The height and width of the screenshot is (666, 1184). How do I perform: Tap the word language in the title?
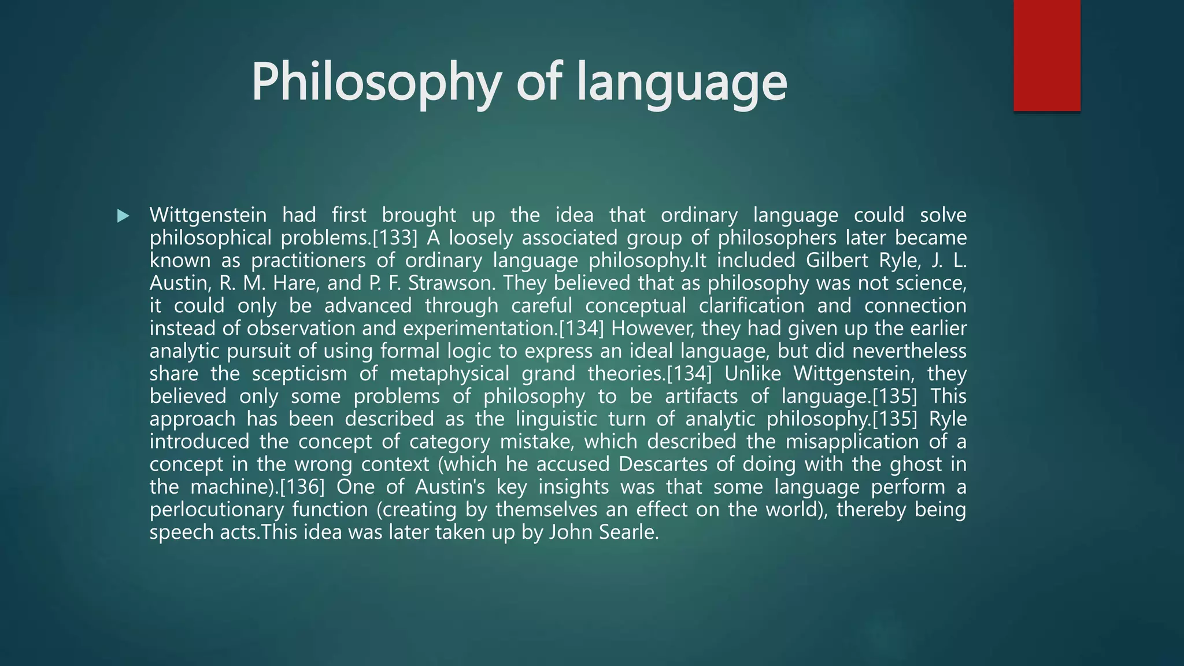[682, 83]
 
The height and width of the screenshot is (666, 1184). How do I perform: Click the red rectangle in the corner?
[1046, 55]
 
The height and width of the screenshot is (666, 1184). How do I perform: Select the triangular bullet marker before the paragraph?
[123, 216]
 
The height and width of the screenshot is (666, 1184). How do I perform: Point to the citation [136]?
[302, 487]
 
